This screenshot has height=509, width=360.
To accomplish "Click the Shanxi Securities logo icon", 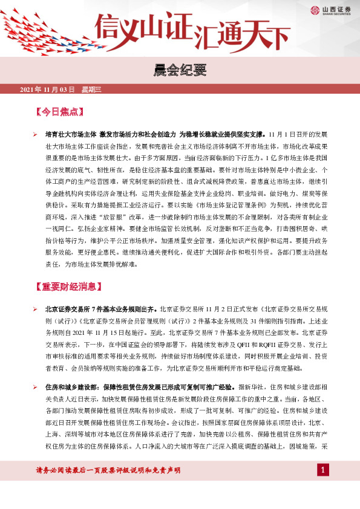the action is point(315,9).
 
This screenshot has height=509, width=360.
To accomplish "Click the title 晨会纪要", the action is point(180,71).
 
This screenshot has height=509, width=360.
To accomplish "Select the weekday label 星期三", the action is point(91,89).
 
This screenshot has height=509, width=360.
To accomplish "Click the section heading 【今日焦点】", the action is point(59,112).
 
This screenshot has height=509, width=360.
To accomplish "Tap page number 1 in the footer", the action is point(323,470).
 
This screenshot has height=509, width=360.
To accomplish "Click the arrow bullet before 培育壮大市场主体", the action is point(35,134).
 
